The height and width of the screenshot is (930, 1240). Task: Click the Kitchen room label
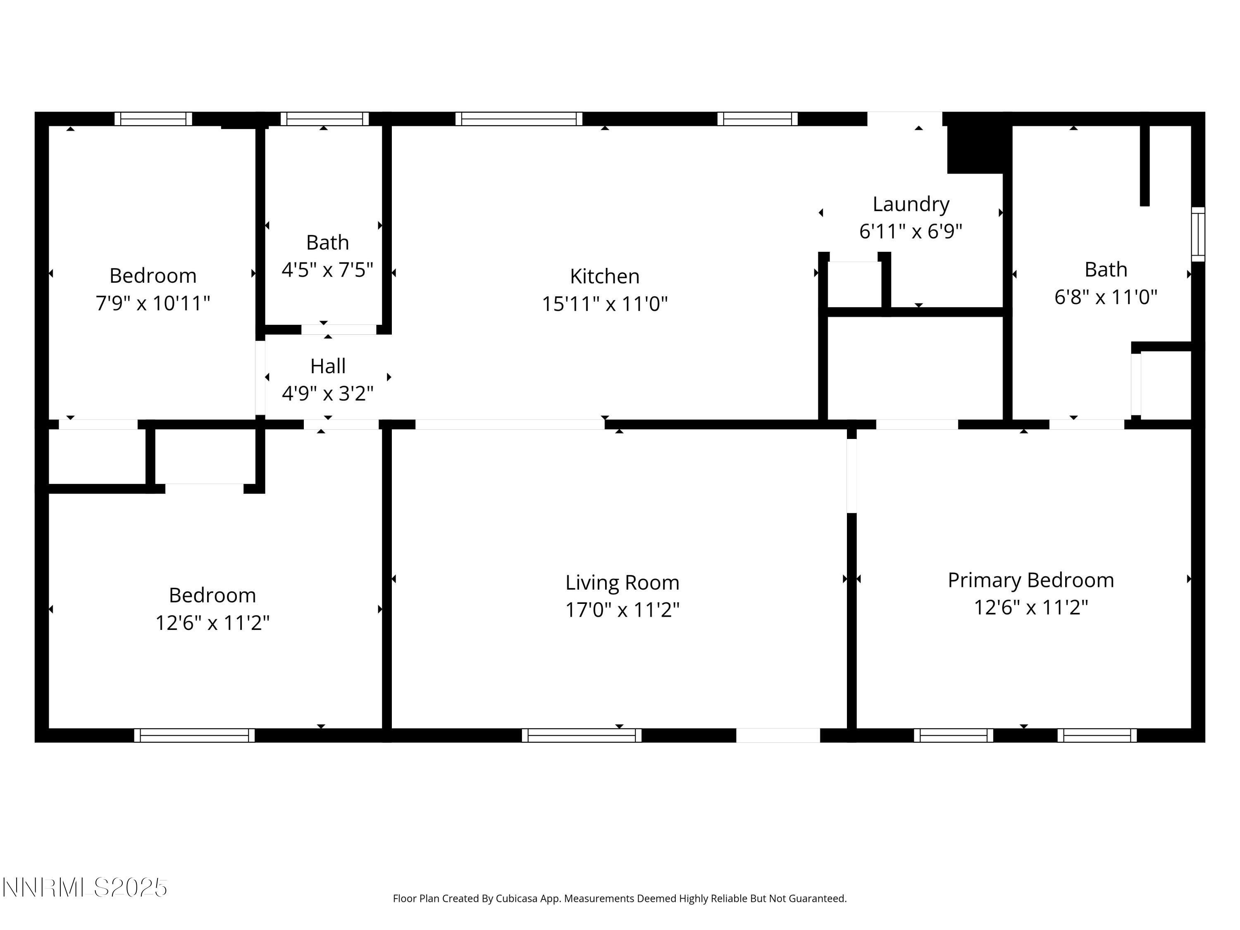coord(604,277)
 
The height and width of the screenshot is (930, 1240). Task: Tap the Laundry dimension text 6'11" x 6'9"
coord(911,231)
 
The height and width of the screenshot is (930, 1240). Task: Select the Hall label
coord(327,366)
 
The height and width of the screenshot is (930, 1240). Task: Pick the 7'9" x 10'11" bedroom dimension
coord(153,303)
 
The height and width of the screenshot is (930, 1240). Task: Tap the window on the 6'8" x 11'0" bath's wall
coord(1197,234)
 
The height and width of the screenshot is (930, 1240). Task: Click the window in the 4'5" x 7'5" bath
coord(324,119)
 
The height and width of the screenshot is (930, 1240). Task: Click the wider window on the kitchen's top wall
coord(519,119)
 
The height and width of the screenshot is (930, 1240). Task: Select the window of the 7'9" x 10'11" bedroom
coord(153,119)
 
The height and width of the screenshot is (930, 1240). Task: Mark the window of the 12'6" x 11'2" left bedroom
coord(194,735)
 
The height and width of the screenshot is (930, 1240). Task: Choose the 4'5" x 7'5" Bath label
coord(327,243)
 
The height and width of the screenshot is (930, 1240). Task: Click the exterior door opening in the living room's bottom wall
coord(777,735)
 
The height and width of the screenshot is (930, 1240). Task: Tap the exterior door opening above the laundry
coord(904,119)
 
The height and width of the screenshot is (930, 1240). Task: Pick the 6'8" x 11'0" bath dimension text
coord(1106,297)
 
